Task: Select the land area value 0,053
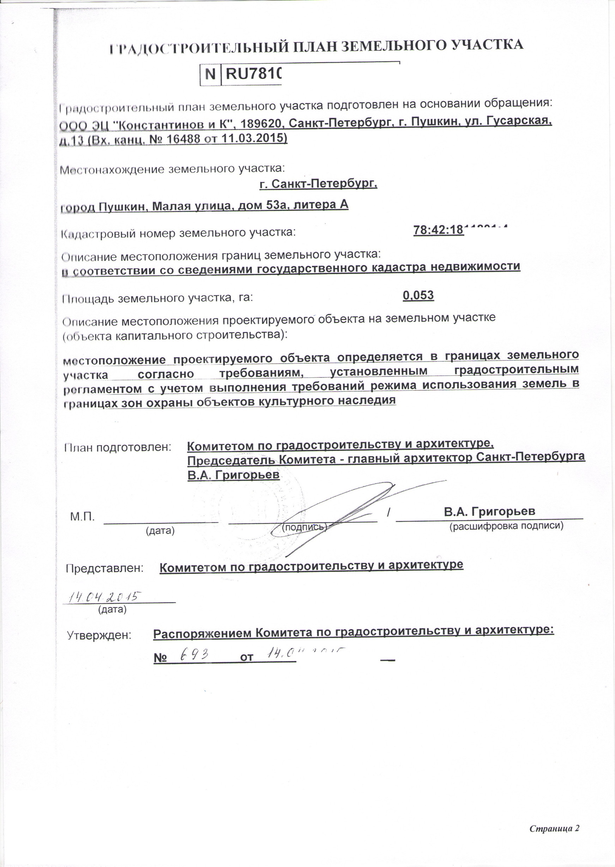pyautogui.click(x=418, y=295)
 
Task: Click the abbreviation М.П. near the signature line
pyautogui.click(x=83, y=517)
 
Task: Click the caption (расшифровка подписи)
pyautogui.click(x=506, y=526)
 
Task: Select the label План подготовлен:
pyautogui.click(x=117, y=447)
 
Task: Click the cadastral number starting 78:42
pyautogui.click(x=454, y=230)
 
